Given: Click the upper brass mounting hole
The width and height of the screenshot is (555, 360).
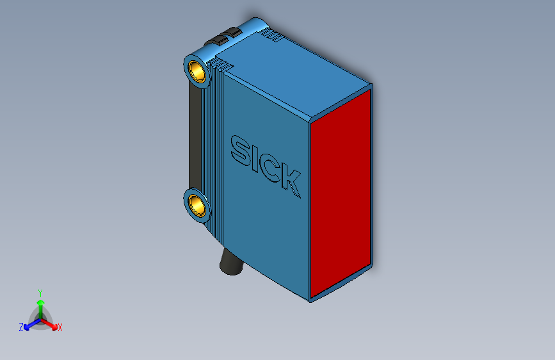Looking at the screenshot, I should (197, 70).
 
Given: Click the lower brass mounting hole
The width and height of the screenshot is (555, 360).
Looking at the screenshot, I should (197, 206).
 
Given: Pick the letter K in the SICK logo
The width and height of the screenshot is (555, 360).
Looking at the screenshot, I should (291, 181).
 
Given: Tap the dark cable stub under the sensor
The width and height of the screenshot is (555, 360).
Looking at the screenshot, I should (229, 263).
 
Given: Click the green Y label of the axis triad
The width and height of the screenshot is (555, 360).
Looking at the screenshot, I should (40, 292).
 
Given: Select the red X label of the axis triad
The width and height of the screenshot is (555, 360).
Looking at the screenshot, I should (60, 327).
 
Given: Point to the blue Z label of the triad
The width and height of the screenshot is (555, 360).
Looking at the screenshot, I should (21, 327).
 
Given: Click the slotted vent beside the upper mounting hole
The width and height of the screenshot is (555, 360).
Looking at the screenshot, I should (223, 65).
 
